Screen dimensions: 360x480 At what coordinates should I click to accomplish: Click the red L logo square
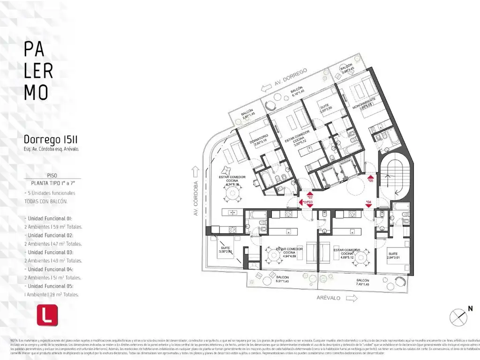tap(47, 315)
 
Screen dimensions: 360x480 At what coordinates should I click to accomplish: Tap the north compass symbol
tap(458, 317)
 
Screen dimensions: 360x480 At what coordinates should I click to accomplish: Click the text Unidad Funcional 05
tap(50, 286)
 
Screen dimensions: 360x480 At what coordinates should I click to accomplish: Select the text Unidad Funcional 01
tap(50, 218)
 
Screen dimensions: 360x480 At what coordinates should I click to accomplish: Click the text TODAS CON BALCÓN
tap(46, 201)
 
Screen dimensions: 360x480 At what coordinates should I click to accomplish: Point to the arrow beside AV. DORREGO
tap(268, 86)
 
